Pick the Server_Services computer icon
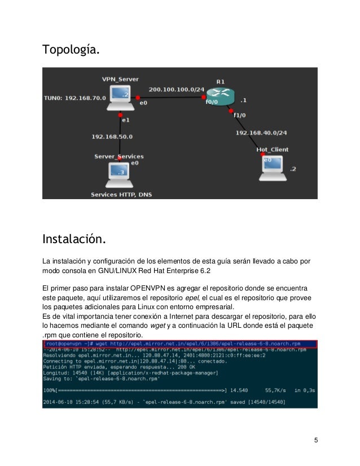(x=117, y=176)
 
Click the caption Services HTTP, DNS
(x=121, y=195)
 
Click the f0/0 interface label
(x=212, y=103)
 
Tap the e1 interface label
(x=125, y=120)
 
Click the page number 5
(x=316, y=440)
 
